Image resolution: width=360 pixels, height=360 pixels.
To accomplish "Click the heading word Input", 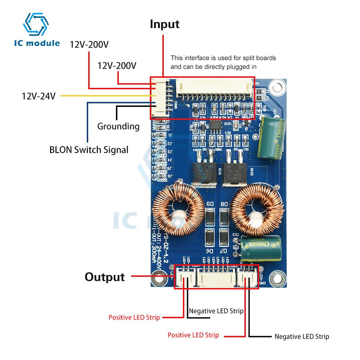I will tap(165, 24).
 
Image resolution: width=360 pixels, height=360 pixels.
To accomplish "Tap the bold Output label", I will tap(105, 277).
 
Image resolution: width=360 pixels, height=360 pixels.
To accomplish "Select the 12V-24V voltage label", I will tap(39, 96).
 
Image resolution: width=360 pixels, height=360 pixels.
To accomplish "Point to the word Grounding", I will tap(118, 126).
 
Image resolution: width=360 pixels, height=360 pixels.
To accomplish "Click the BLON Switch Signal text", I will tap(89, 149).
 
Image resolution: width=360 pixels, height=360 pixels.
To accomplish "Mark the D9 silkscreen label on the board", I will tap(210, 204).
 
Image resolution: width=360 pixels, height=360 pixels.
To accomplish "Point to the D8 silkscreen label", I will tap(224, 204).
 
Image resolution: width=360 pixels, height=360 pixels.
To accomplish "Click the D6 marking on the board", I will tap(210, 251).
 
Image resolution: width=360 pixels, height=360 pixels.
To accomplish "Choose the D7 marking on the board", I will tap(224, 251).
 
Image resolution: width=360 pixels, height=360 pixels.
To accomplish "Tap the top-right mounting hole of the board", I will tap(276, 87).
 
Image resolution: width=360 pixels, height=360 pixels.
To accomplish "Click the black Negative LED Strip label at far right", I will tap(302, 337).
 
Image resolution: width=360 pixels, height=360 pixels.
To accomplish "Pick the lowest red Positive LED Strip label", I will tap(193, 335).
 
